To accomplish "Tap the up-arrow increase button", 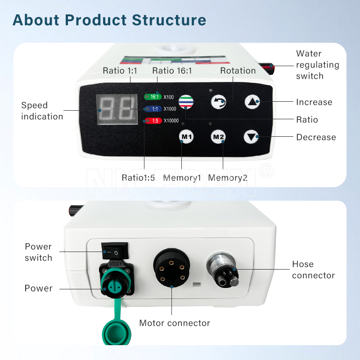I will click(252, 102).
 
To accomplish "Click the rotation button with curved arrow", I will click(218, 102).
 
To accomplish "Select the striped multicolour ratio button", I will click(185, 102).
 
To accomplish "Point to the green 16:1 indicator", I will click(153, 96).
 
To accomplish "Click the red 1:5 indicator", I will click(152, 120).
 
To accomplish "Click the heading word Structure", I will click(169, 20).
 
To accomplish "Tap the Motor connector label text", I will click(175, 323).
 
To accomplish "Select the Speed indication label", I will click(42, 111).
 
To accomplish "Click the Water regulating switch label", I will click(317, 65).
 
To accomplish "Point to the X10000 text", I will click(171, 120).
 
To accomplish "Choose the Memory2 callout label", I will click(228, 178).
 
